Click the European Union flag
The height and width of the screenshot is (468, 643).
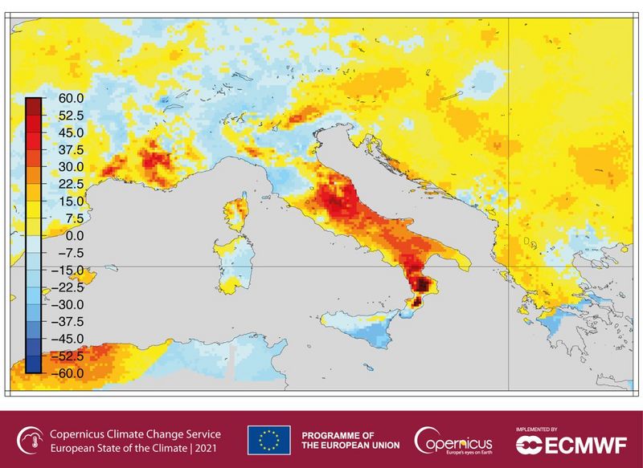268,439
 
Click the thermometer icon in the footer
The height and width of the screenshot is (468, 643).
30,439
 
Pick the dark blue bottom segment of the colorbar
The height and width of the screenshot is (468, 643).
33,366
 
